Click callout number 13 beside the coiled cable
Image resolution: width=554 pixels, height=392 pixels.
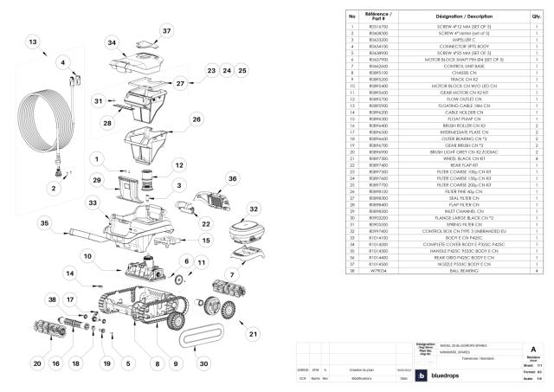(x=32, y=42)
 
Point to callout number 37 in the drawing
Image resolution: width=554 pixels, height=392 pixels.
(x=167, y=29)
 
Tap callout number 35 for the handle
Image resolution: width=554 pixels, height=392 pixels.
(x=41, y=222)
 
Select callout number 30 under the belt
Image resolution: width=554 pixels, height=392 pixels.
(x=204, y=362)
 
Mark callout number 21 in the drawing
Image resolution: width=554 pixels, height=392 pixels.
(x=254, y=333)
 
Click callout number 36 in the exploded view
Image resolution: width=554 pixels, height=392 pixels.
(x=232, y=179)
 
